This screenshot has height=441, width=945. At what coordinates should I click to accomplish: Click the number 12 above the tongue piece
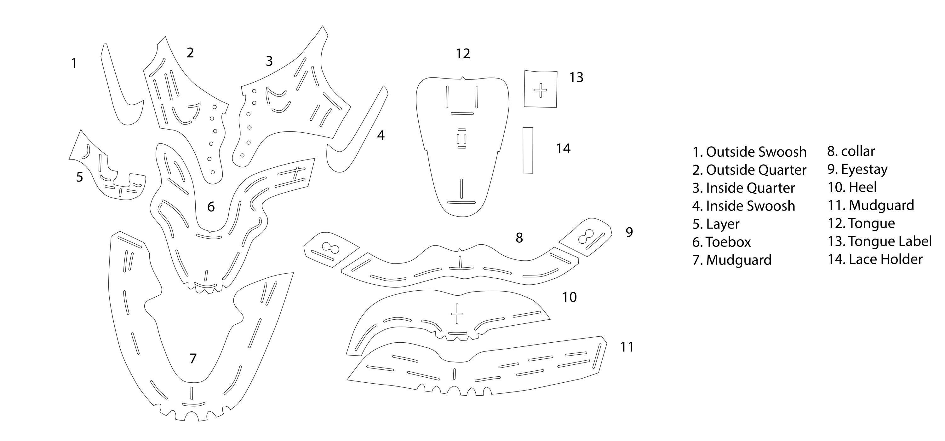tap(463, 54)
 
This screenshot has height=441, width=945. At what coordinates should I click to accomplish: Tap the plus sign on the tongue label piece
tap(540, 90)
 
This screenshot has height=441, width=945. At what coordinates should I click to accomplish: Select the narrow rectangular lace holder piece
tap(528, 150)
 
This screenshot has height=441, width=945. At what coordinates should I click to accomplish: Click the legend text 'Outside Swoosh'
tap(756, 152)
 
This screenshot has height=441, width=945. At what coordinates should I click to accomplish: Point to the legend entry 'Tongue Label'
tap(890, 241)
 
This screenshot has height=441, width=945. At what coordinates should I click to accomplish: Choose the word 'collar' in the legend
tap(858, 151)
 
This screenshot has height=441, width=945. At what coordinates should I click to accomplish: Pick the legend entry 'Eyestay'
tap(864, 170)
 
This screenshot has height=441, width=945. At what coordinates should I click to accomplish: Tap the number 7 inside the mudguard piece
tap(193, 358)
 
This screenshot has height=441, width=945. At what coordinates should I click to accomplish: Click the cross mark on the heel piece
tap(457, 314)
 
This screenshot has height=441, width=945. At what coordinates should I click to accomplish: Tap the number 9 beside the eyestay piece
tap(629, 232)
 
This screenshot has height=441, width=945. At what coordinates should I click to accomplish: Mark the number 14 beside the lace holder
tap(563, 149)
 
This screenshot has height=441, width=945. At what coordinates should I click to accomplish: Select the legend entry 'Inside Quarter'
tap(751, 188)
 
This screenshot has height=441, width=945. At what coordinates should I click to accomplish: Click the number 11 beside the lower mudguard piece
tap(627, 347)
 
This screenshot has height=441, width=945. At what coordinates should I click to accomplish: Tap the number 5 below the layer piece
tap(80, 177)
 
